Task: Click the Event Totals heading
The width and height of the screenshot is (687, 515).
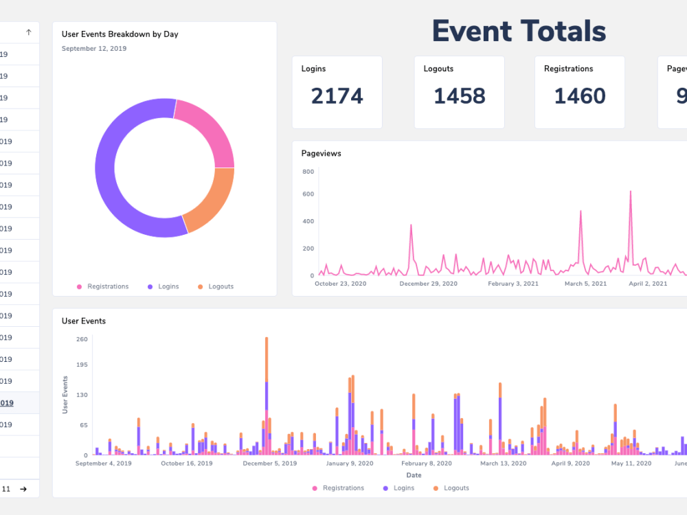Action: pos(519,32)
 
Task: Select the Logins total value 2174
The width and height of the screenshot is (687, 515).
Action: pos(337,96)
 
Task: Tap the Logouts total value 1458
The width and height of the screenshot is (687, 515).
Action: pos(459,96)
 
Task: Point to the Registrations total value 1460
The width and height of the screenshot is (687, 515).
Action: pos(580,96)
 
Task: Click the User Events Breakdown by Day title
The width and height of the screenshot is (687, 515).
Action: pos(120,34)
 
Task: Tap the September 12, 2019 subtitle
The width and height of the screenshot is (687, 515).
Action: pos(94,49)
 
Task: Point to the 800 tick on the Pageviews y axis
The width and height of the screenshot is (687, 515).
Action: pos(307,171)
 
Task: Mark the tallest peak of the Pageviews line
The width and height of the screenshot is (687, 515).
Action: pos(630,192)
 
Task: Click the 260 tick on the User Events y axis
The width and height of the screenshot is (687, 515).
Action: pos(82,339)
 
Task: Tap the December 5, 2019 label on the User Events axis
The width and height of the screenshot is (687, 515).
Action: pos(270,463)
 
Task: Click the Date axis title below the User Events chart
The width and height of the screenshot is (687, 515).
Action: pos(414,475)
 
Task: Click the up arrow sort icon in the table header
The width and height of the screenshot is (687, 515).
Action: pos(28,32)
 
